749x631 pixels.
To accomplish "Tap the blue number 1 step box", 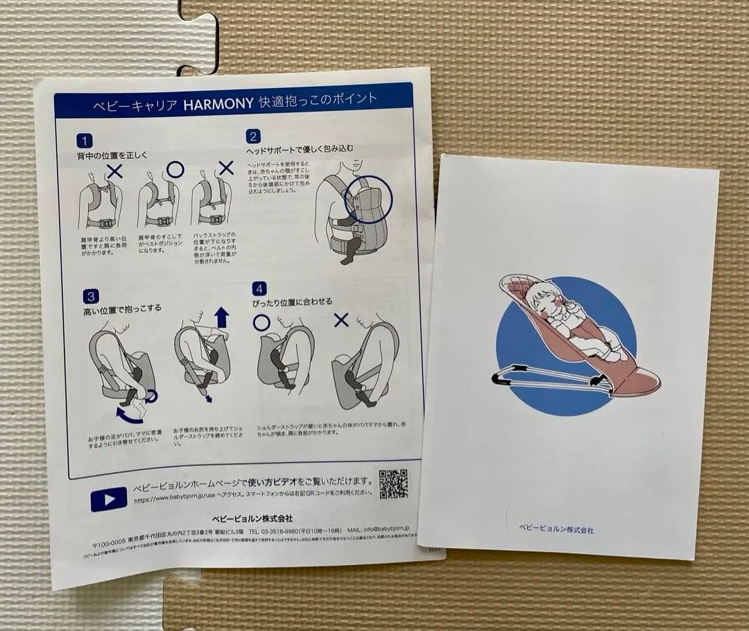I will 84,141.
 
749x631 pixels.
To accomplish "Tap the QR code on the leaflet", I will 393,483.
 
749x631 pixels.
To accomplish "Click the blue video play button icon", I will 109,499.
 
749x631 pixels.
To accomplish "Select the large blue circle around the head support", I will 368,200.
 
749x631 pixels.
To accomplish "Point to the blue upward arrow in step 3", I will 221,318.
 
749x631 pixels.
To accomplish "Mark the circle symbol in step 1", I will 175,168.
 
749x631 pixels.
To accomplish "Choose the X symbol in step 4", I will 341,320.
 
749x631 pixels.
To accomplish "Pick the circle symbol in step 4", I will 261,322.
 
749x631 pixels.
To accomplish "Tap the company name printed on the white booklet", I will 556,530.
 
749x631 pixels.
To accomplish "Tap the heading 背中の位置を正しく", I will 112,156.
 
